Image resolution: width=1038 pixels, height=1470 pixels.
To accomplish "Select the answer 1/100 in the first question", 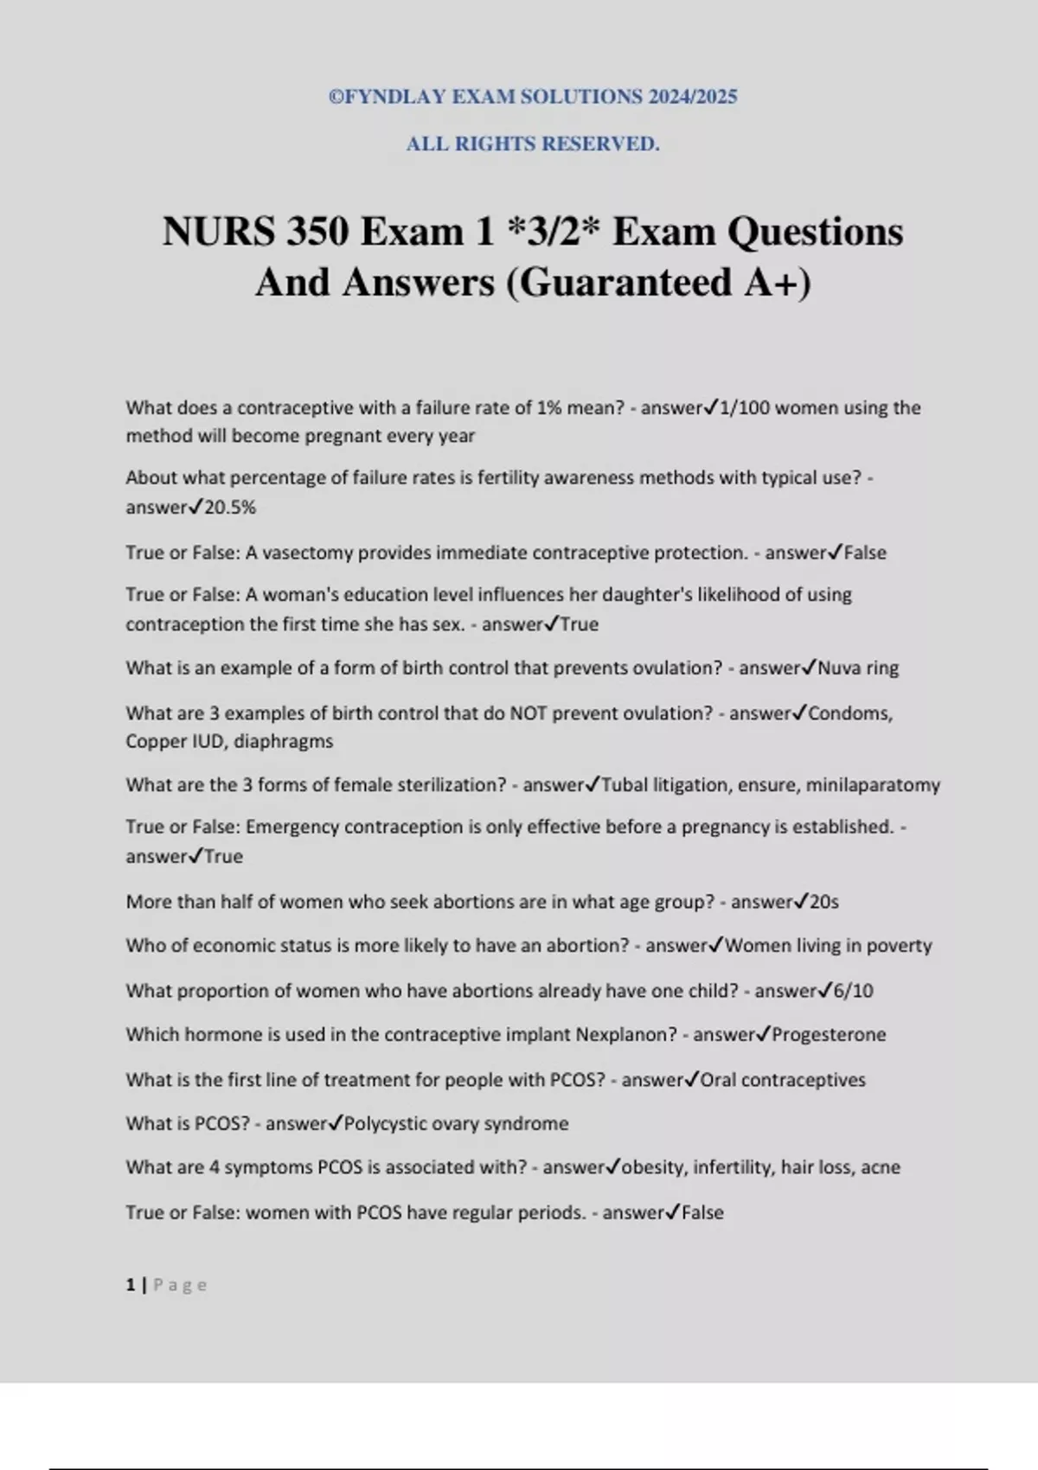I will [x=743, y=407].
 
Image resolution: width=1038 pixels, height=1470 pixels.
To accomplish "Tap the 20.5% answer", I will [x=230, y=508].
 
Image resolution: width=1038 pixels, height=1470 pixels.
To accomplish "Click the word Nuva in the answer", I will [x=838, y=668].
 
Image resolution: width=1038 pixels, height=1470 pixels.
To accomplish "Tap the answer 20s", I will [x=823, y=902].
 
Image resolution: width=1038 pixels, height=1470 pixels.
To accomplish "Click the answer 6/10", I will [x=853, y=991].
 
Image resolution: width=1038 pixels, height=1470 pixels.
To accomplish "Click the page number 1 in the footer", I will [x=131, y=1285].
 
